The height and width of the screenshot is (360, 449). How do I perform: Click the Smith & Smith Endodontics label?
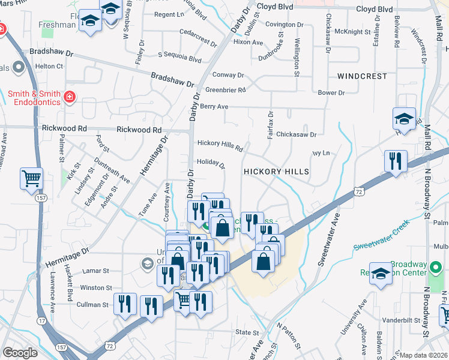(34, 98)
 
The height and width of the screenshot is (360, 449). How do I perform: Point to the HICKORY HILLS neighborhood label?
(276, 172)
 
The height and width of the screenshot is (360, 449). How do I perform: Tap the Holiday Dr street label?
(210, 163)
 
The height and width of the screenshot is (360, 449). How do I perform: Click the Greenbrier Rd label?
(226, 91)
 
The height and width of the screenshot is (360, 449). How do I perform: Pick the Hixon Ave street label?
(248, 43)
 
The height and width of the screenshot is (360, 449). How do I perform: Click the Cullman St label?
(92, 305)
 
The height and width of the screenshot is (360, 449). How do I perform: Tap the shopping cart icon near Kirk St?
(31, 178)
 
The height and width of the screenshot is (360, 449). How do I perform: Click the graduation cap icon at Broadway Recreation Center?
(381, 274)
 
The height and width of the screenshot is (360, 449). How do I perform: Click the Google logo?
(20, 353)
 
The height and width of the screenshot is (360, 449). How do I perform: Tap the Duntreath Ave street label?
(112, 168)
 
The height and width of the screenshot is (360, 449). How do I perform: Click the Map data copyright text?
(423, 355)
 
